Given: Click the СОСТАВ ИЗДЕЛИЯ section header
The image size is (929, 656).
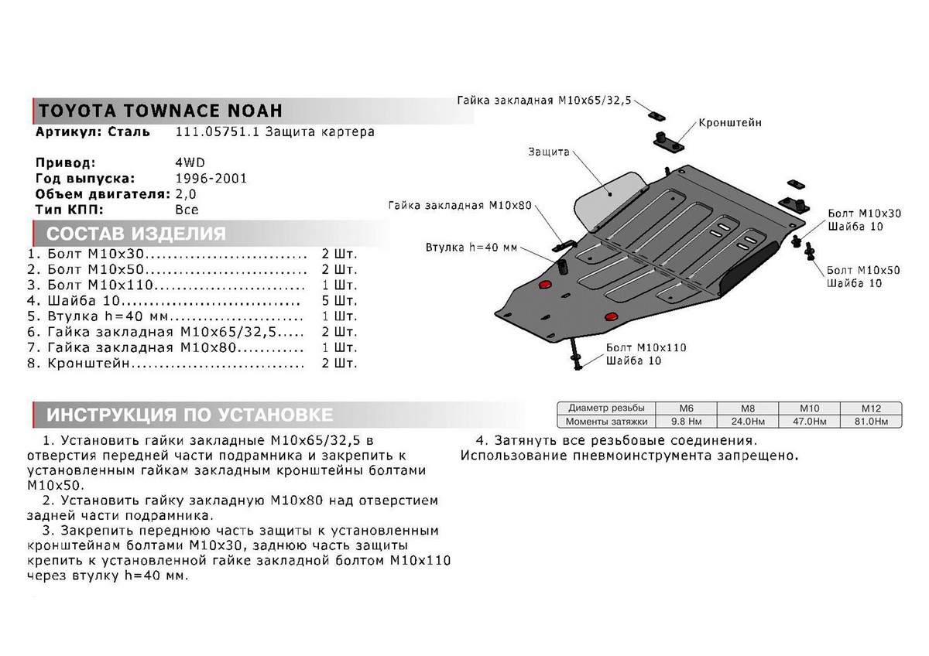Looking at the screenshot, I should pyautogui.click(x=136, y=234).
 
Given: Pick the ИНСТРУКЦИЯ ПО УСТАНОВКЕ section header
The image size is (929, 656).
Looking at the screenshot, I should pyautogui.click(x=190, y=415).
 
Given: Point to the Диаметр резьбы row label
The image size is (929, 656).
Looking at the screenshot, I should pyautogui.click(x=605, y=408).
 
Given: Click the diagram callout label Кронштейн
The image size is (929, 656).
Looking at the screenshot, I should pyautogui.click(x=729, y=123).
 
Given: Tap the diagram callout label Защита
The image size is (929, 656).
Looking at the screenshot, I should pyautogui.click(x=549, y=152).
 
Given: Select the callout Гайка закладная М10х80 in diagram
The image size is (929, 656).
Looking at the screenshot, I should pyautogui.click(x=460, y=206).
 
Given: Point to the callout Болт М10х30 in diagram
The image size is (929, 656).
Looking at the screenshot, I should pyautogui.click(x=853, y=213).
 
